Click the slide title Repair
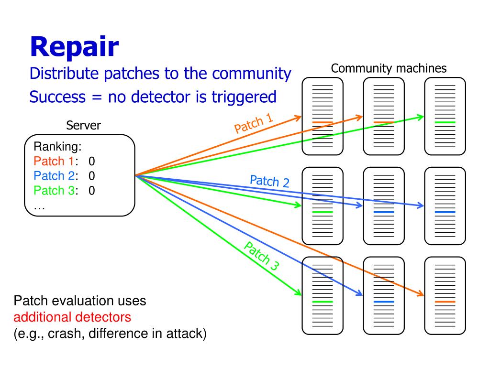74,47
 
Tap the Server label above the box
83,126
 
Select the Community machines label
389,68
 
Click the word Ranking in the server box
57,147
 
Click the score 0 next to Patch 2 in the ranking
91,176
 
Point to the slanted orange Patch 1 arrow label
254,123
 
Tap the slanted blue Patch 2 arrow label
270,181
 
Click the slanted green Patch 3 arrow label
262,256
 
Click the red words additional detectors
72,317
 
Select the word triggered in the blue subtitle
244,97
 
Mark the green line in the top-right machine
445,122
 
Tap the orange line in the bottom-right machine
445,302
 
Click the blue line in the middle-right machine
445,212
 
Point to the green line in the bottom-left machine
323,302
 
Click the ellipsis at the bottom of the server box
39,208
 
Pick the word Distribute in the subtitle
64,74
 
